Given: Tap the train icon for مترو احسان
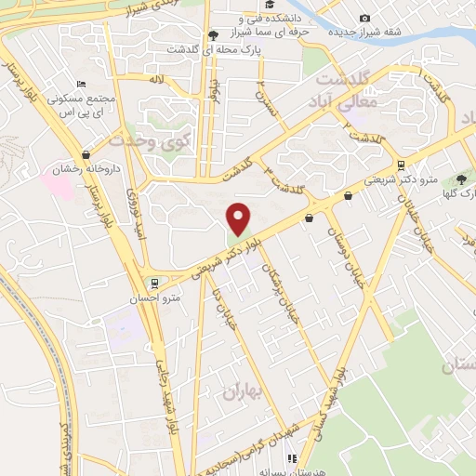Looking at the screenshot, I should click(x=154, y=283).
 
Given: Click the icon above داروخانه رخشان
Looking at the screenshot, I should click(x=86, y=155).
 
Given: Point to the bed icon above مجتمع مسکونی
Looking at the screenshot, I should click(x=81, y=84).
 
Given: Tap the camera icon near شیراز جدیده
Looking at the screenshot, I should click(x=364, y=18).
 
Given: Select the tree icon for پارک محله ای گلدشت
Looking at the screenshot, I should click(x=213, y=35).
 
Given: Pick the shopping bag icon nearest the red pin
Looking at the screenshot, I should click(x=309, y=218).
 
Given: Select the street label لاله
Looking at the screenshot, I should click(x=158, y=82).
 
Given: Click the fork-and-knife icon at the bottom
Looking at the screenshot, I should click(x=293, y=458).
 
